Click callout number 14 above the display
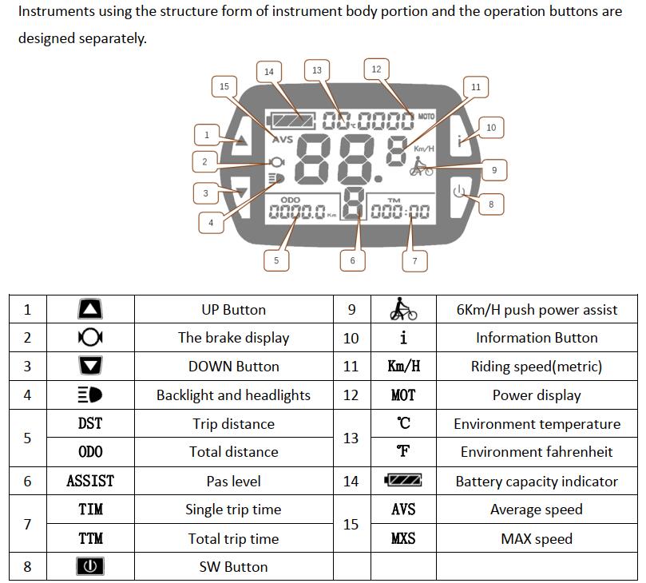pyautogui.click(x=269, y=71)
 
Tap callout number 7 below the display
pyautogui.click(x=414, y=260)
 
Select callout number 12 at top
pyautogui.click(x=376, y=69)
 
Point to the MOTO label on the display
pyautogui.click(x=426, y=117)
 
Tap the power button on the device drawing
pyautogui.click(x=458, y=192)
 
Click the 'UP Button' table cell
pyautogui.click(x=233, y=310)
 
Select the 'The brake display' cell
pyautogui.click(x=233, y=338)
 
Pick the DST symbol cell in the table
pyautogui.click(x=90, y=424)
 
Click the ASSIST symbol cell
pyautogui.click(x=90, y=481)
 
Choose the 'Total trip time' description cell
pyautogui.click(x=233, y=538)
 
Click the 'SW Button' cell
pyautogui.click(x=233, y=567)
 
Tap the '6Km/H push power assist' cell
pyautogui.click(x=537, y=310)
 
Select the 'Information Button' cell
pyautogui.click(x=537, y=338)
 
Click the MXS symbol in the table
pyautogui.click(x=403, y=538)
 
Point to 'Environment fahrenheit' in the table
pyautogui.click(x=537, y=452)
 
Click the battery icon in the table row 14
pyautogui.click(x=403, y=481)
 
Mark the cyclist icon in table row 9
pyautogui.click(x=403, y=309)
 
